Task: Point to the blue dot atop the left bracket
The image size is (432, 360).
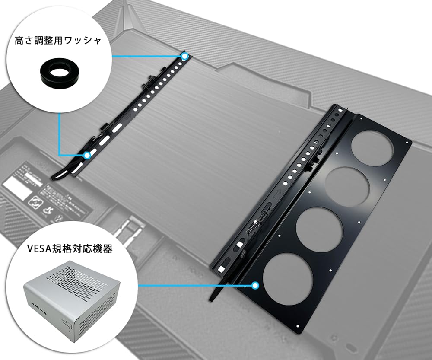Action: point(185,56)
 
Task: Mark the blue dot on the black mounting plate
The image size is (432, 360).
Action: point(255,285)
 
